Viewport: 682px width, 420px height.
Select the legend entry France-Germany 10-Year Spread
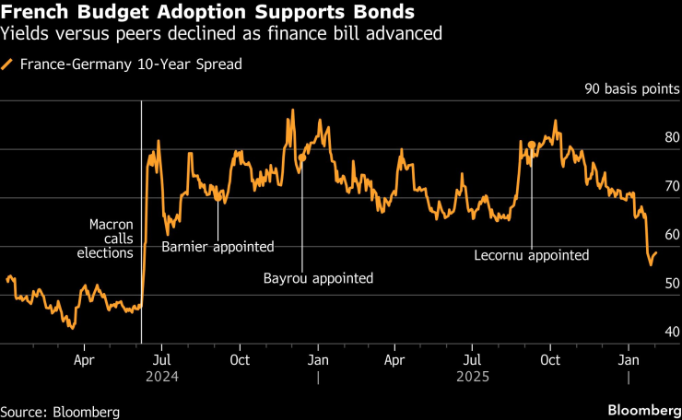coord(130,65)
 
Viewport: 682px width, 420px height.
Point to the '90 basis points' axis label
coord(631,90)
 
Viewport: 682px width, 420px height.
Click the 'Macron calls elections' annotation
coord(112,239)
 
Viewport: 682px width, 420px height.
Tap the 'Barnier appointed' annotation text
coord(218,247)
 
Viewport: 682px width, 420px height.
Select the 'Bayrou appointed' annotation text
coord(318,277)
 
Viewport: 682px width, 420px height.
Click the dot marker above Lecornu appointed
coord(532,145)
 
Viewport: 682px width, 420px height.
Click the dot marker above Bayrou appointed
coord(301,158)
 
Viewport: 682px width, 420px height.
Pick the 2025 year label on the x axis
coord(474,377)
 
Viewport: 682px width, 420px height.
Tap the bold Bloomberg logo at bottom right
coord(641,408)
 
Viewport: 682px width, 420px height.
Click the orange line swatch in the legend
coord(8,65)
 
